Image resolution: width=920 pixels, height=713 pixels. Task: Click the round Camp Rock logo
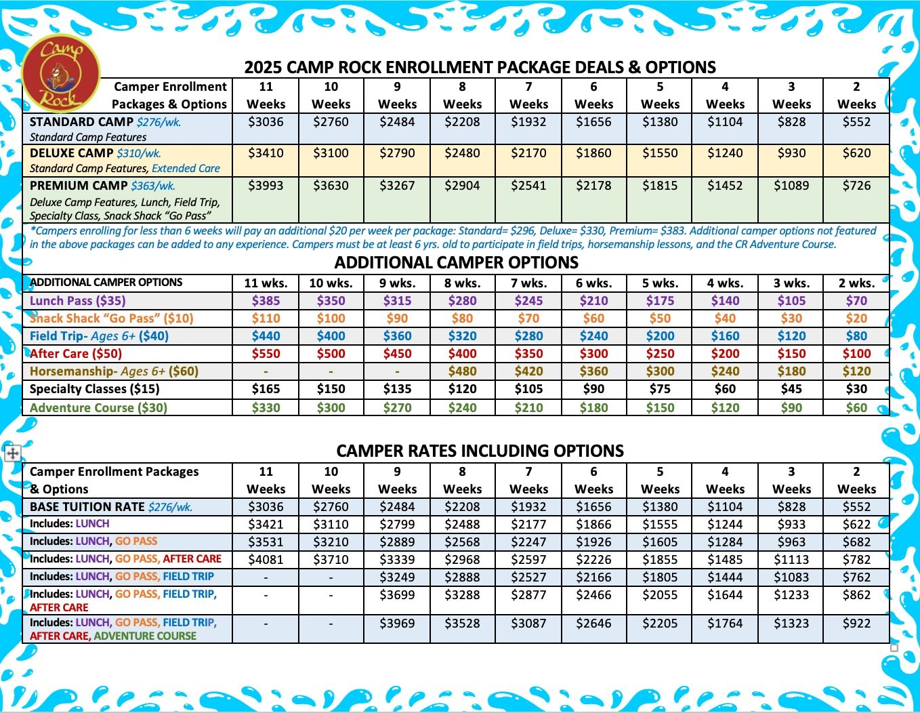(61, 73)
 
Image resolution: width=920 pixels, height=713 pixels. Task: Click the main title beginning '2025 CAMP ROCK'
(480, 67)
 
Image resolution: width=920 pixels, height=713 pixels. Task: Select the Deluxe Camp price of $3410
(266, 153)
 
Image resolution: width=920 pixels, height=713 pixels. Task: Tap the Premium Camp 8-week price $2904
(462, 186)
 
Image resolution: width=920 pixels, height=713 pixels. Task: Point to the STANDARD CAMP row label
(81, 122)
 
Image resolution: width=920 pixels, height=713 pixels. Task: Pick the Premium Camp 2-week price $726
(856, 186)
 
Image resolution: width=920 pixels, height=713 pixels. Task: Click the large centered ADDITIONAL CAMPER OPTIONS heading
(457, 263)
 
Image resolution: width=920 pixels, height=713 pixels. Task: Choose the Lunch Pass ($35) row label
(78, 301)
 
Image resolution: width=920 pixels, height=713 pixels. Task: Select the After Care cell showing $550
(266, 354)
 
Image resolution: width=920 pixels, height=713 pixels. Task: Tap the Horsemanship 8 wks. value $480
(462, 371)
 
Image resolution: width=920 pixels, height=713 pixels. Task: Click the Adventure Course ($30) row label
(98, 408)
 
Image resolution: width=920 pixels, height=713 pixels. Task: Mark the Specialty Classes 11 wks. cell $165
(266, 389)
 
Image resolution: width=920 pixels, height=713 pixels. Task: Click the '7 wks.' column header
(528, 283)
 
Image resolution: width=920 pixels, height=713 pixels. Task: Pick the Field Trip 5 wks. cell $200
(660, 336)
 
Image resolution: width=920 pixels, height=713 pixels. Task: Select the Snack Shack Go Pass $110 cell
(266, 319)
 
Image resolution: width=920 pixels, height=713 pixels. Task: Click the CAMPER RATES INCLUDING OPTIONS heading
(480, 451)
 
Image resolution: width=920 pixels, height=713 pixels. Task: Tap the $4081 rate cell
(266, 560)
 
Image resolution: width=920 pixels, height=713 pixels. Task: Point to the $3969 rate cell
(397, 624)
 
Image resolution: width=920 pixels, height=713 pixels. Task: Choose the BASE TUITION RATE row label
(87, 507)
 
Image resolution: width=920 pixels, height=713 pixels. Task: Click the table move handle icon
(12, 453)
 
